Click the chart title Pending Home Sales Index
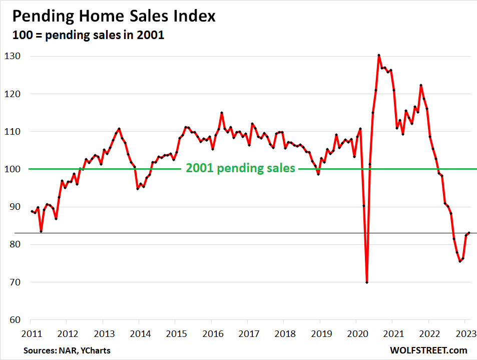click(114, 16)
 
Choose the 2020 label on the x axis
click(356, 332)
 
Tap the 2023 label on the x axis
click(464, 332)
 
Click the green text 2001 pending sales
click(240, 169)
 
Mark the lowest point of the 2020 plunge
click(367, 282)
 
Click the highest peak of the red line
click(379, 55)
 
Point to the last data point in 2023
click(469, 233)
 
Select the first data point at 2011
click(32, 211)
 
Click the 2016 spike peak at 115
click(221, 113)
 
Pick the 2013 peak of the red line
click(119, 129)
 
